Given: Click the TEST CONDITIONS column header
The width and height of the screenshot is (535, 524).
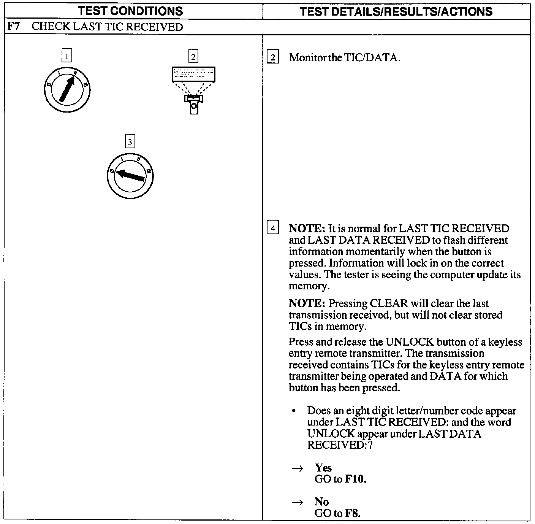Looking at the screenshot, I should pos(130,11).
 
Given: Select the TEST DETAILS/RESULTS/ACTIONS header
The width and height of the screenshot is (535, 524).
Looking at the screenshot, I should pos(396,11).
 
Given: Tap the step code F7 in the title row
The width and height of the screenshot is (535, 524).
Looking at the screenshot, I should pos(14,27).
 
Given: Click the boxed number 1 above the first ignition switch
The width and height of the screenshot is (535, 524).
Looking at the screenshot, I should pos(66,57).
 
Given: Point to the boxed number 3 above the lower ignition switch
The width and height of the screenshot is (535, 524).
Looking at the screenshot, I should pos(130,142).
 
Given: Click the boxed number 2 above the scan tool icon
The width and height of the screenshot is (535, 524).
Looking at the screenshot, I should pos(193,57).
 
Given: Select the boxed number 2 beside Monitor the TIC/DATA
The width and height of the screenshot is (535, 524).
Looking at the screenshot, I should pos(272,58).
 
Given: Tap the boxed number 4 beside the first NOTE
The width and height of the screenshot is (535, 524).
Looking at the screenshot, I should pos(272,229).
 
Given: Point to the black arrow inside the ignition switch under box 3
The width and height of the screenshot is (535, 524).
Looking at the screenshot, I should pos(130,176).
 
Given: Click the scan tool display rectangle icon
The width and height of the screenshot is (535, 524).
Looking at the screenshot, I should pos(193,74).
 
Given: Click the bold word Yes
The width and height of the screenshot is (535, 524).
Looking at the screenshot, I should pos(323,468).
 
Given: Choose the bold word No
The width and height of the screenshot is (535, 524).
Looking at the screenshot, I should pos(321,502).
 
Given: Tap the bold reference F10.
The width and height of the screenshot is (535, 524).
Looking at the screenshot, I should pos(356,479).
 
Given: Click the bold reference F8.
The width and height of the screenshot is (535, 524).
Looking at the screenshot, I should pos(352,513).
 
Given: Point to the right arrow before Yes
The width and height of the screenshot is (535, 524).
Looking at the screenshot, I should pos(297,468).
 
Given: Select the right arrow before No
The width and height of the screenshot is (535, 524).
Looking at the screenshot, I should pos(297,503).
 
